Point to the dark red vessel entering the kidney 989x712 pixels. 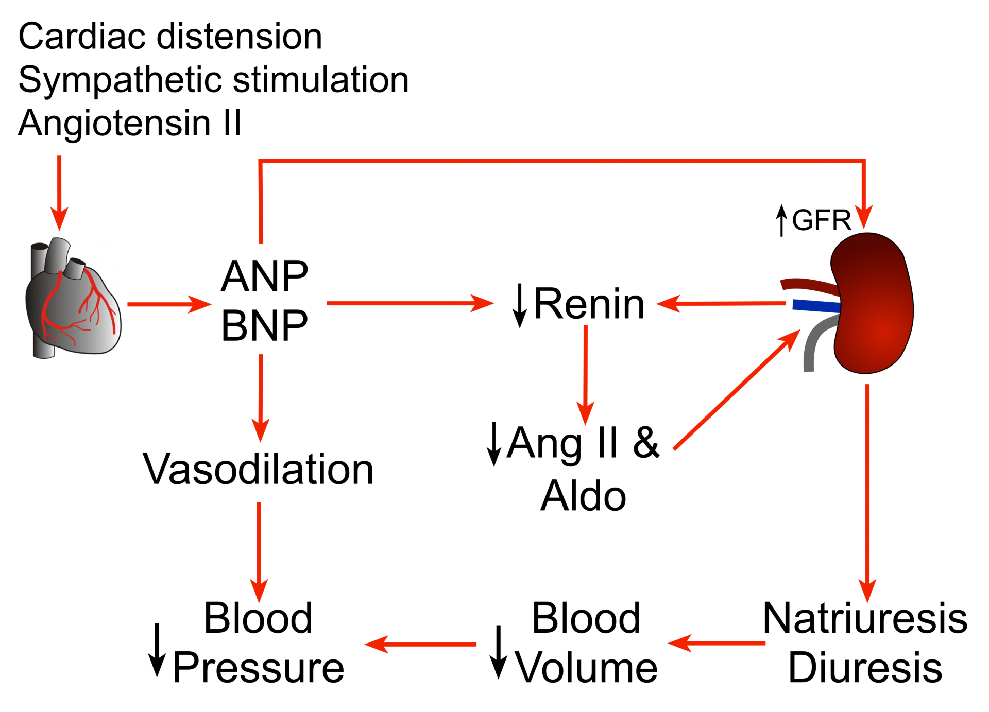tap(809, 285)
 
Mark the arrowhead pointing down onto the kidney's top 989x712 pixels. tap(864, 216)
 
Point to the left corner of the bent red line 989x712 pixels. tap(260, 161)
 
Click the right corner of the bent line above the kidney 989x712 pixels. tap(863, 161)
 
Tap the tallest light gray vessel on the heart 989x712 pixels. tap(57, 255)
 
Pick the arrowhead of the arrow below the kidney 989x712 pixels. tap(867, 591)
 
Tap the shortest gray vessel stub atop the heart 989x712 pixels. tap(75, 268)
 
